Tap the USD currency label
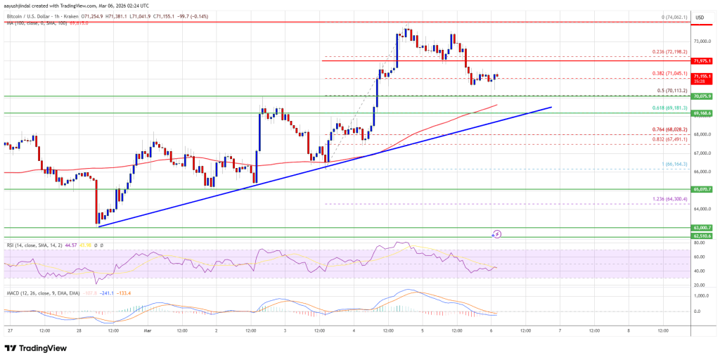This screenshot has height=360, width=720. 700,18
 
